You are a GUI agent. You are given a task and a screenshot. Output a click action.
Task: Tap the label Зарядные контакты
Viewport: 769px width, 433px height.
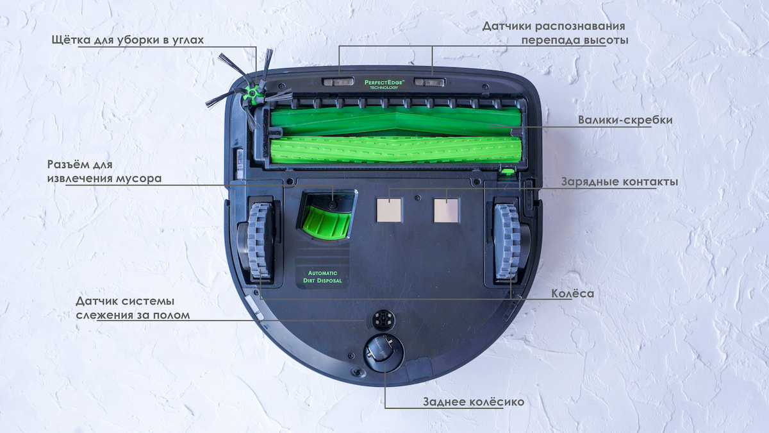tap(619, 182)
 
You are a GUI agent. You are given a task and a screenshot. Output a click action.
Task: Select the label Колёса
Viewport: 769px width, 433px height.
tap(572, 294)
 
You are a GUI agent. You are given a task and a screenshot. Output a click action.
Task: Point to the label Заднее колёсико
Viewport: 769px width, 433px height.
tap(473, 402)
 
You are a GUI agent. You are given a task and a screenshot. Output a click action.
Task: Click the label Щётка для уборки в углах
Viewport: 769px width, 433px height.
tap(128, 40)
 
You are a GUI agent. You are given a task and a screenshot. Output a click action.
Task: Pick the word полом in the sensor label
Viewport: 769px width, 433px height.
tap(172, 315)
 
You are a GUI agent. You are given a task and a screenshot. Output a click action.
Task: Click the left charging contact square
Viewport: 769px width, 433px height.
tap(389, 210)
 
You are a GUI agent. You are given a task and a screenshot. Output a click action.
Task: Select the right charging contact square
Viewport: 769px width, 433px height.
tap(446, 210)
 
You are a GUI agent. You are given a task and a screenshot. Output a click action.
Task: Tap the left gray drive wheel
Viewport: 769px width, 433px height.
tap(261, 241)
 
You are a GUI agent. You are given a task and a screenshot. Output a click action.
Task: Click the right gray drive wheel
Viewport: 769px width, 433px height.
tap(506, 241)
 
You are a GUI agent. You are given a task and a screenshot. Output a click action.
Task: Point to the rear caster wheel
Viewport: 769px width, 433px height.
tap(383, 353)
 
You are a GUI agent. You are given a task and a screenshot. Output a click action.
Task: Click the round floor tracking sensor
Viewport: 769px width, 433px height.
tap(383, 319)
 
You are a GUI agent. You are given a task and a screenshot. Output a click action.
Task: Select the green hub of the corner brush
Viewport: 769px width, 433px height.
tap(252, 94)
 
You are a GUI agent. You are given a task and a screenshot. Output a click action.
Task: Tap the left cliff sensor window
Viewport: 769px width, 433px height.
tap(338, 82)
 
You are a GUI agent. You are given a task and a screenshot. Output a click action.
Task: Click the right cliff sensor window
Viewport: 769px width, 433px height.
tap(429, 82)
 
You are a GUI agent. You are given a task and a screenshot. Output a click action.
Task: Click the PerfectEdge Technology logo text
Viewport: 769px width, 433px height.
tap(384, 84)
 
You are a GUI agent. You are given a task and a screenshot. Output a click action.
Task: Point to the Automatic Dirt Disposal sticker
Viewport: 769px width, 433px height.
tap(324, 276)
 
